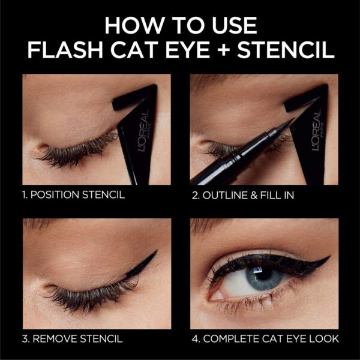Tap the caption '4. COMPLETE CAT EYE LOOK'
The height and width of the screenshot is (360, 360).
(265, 339)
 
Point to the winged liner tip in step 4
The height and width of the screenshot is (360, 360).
(328, 259)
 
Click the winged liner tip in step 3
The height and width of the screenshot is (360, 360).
(155, 253)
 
